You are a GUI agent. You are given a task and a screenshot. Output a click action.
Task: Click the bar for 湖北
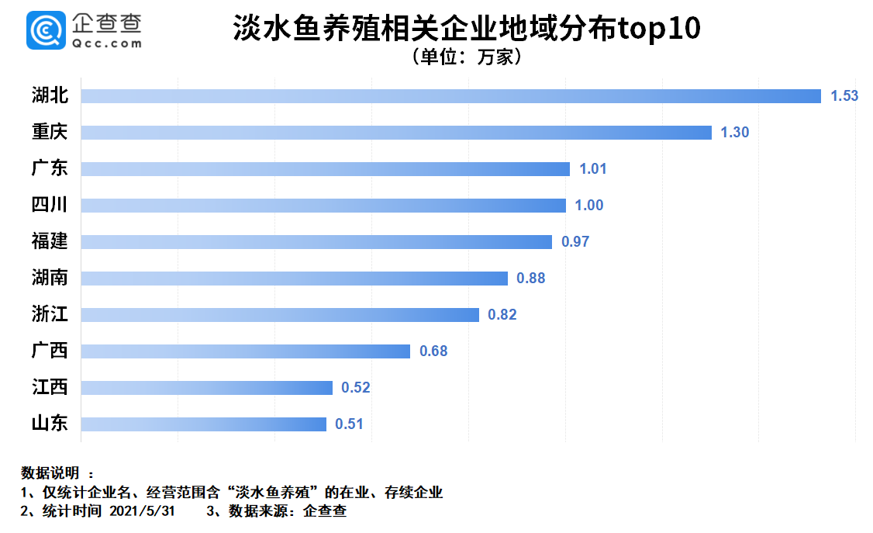pos(450,96)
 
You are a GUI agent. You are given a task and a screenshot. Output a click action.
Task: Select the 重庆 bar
pos(396,133)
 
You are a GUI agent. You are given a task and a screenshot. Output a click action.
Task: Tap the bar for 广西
pos(245,351)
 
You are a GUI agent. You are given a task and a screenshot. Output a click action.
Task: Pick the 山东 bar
pos(203,424)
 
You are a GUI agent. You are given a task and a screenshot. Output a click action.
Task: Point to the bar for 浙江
pos(280,315)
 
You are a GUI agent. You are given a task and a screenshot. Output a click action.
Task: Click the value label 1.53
pos(844,96)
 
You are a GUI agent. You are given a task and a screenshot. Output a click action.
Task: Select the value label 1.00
pos(589,206)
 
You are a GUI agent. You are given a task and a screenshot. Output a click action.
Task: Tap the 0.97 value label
pos(575,242)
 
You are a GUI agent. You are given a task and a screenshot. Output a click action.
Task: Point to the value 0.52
pos(357,388)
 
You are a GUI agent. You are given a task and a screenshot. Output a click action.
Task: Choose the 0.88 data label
pos(531,279)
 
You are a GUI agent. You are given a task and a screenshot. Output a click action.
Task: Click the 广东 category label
pos(50,168)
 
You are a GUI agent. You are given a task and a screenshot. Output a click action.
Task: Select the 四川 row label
pos(50,205)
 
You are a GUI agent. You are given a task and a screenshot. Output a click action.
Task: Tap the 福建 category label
pos(50,241)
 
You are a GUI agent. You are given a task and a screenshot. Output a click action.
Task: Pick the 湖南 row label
pos(50,278)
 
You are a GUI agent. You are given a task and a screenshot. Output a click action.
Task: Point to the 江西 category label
pos(50,387)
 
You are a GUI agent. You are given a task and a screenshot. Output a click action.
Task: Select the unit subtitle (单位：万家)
pos(466,57)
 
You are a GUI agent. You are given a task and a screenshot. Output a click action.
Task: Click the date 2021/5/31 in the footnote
pos(143,511)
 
